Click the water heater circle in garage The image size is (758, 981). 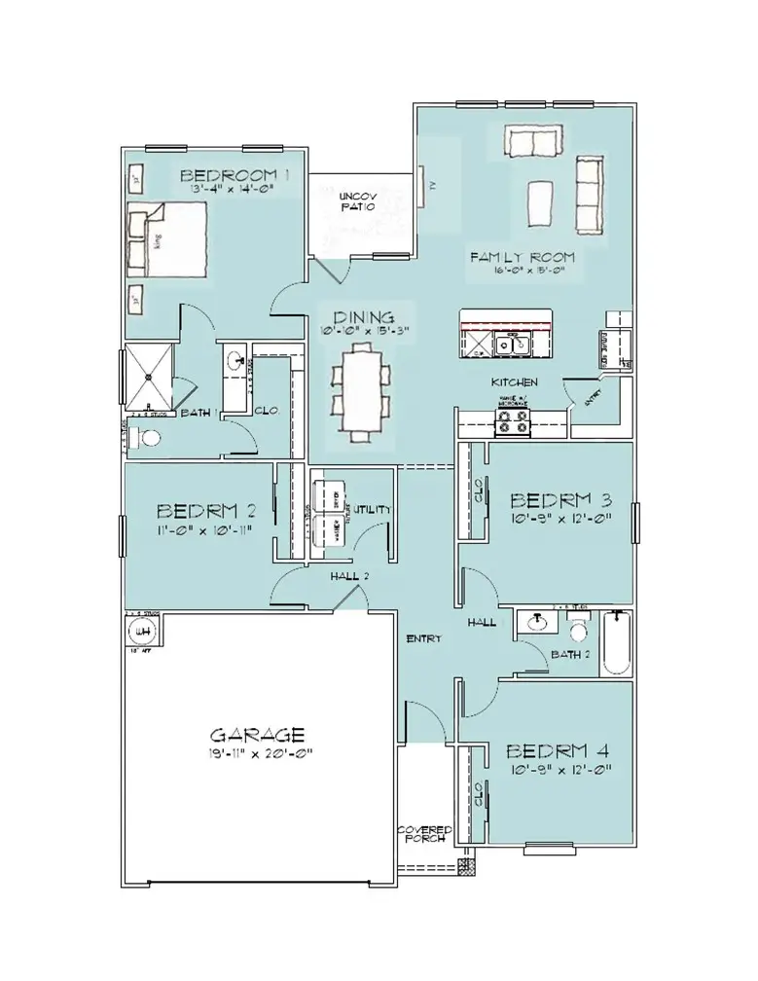coord(144,633)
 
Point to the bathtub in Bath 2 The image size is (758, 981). coord(617,643)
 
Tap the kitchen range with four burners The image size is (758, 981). coord(515,421)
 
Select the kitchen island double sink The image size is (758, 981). coord(510,343)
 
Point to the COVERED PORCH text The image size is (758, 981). coord(423,834)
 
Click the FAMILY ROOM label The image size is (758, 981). coord(523,258)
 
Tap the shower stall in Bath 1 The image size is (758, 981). coord(150,376)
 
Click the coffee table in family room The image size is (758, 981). coord(542,202)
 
